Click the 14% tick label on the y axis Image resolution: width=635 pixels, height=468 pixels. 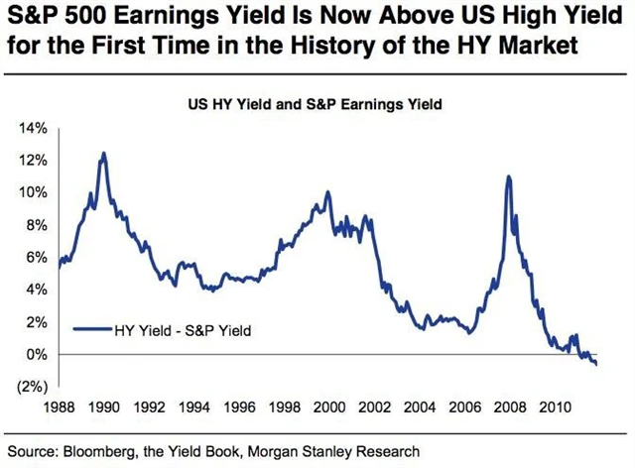pos(35,129)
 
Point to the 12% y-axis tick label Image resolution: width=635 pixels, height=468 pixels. pos(35,161)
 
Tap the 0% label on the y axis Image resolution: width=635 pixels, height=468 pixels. pos(38,354)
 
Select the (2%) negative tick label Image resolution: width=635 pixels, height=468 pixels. pos(34,387)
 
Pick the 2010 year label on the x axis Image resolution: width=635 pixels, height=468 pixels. pos(552,407)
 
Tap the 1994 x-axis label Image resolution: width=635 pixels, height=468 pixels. pos(193,407)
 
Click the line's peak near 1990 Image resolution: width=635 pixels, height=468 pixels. pos(103,154)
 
